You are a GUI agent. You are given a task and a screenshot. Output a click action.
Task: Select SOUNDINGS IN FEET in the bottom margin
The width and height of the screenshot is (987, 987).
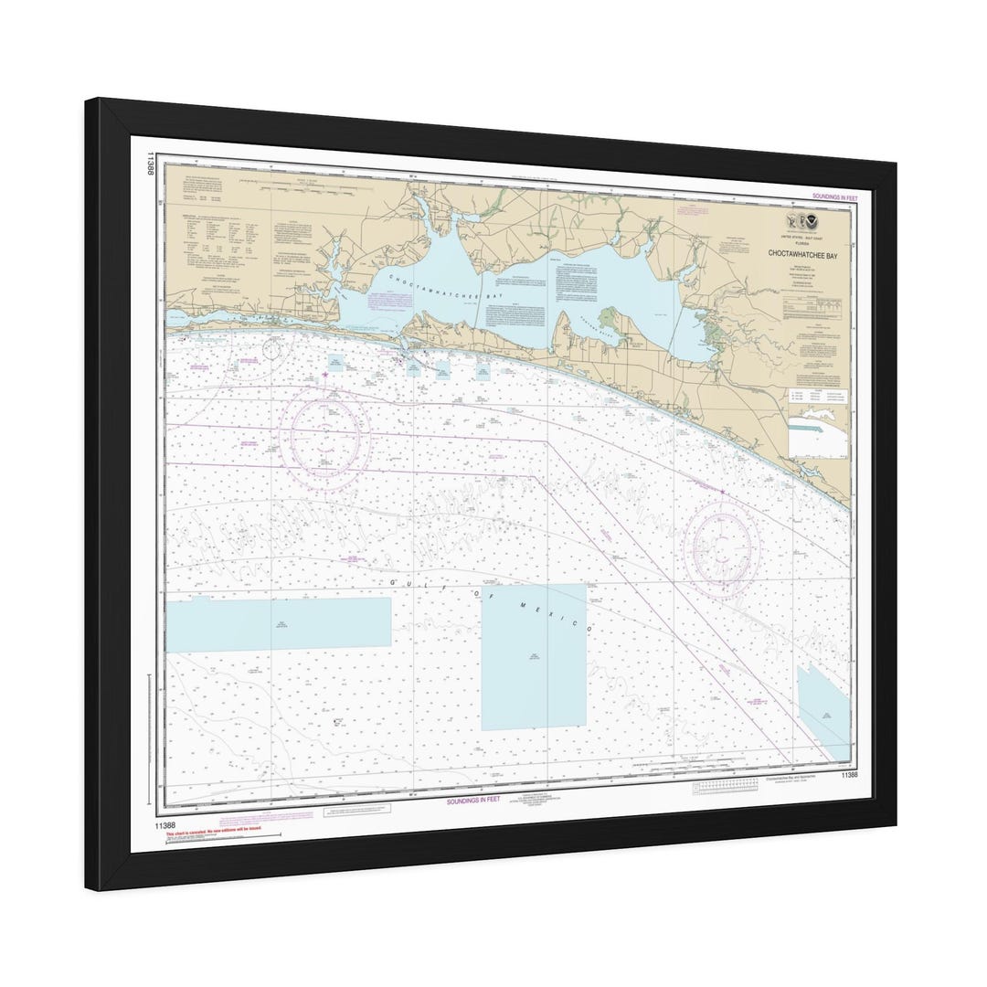tap(473, 800)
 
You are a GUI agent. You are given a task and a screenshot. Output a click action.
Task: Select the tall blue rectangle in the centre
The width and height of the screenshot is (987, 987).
tap(534, 656)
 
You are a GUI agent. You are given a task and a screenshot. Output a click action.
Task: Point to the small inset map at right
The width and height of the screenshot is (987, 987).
tap(817, 430)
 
